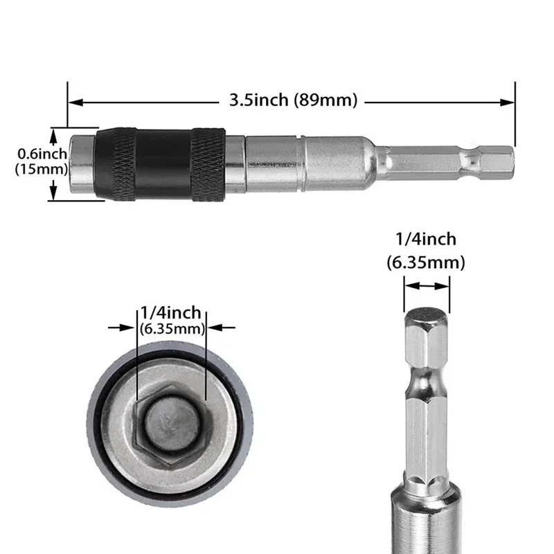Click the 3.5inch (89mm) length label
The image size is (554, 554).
pyautogui.click(x=293, y=101)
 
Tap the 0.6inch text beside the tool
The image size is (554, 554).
pyautogui.click(x=35, y=154)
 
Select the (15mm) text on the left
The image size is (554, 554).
pyautogui.click(x=35, y=168)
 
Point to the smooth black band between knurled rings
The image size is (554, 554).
pyautogui.click(x=163, y=163)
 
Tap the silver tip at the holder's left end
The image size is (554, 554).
pyautogui.click(x=82, y=163)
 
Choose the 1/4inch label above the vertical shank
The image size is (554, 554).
pyautogui.click(x=426, y=240)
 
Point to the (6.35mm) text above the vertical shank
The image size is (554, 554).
pyautogui.click(x=426, y=262)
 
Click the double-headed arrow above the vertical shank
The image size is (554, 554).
pyautogui.click(x=427, y=285)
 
